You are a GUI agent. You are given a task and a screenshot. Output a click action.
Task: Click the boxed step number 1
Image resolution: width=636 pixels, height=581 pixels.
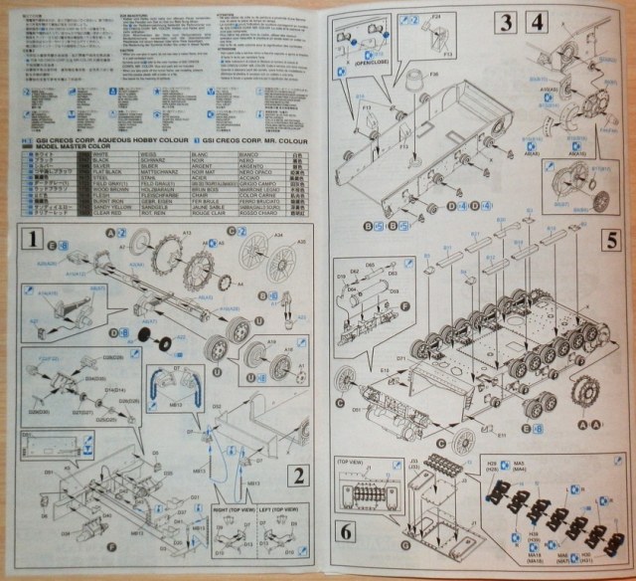pos(34,240)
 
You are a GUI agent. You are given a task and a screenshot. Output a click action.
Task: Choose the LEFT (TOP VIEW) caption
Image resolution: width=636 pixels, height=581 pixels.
pos(273,508)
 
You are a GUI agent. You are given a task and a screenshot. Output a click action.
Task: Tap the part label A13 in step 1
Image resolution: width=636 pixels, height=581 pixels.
pos(186,235)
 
